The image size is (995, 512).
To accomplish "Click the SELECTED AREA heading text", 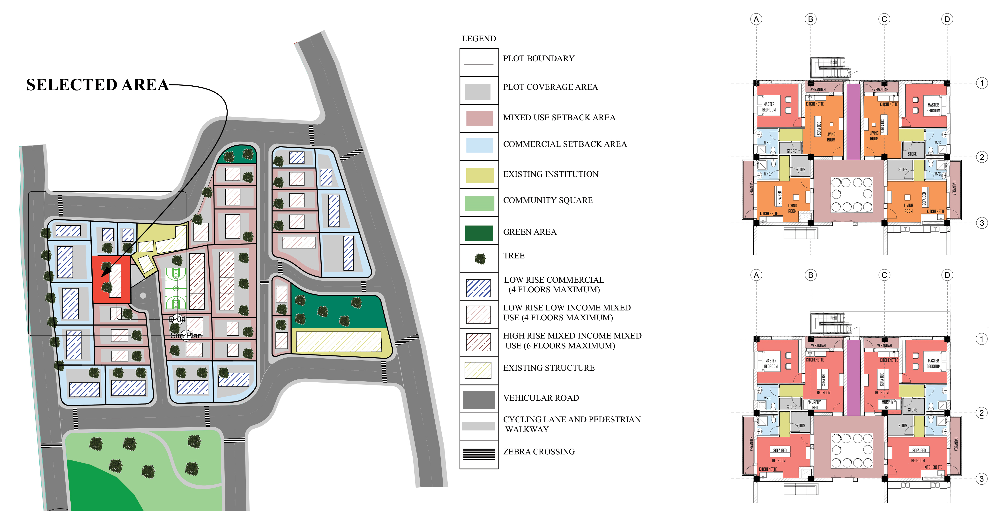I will [97, 85].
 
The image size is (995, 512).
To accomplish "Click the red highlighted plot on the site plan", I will [111, 280].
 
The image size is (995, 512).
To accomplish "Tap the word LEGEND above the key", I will [479, 39].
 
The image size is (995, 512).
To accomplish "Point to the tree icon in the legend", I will [480, 258].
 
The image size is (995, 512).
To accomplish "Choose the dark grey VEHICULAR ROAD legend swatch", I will [479, 399].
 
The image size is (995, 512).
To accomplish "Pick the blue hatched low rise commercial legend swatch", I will [479, 288].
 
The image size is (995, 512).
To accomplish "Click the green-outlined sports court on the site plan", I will [176, 288].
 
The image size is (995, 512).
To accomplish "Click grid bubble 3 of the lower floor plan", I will [981, 479].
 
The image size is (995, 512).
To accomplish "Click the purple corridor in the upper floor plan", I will [853, 121].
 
